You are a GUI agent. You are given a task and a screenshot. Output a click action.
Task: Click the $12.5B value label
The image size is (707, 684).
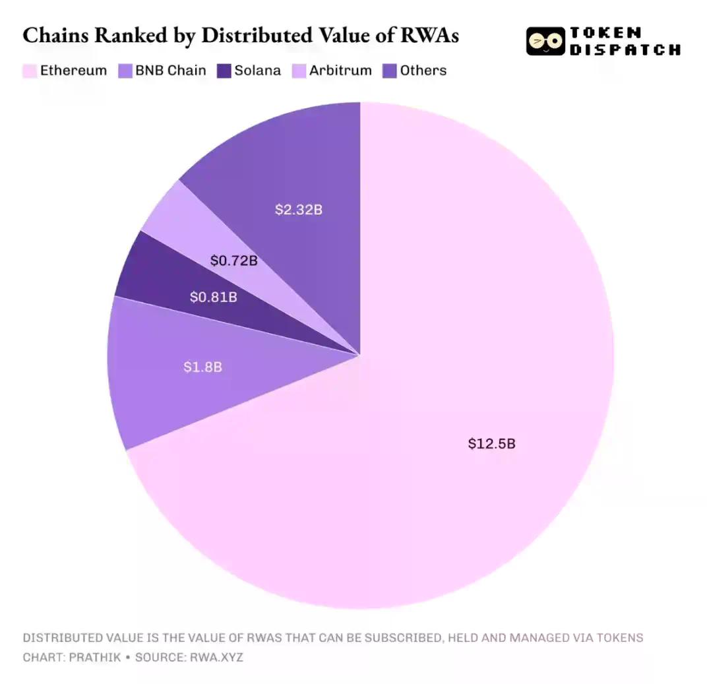491,443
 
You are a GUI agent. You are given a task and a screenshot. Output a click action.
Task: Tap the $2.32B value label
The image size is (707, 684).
298,210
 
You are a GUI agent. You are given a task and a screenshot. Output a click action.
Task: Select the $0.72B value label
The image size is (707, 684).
233,261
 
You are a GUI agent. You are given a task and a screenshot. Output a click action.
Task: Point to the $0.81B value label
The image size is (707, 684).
213,297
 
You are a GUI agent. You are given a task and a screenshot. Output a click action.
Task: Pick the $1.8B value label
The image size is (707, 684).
202,367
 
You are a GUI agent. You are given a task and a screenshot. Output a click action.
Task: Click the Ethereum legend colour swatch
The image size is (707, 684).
30,71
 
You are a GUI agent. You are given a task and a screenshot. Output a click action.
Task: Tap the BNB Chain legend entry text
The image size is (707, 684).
171,71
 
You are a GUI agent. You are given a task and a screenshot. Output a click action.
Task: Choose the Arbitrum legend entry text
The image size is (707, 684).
340,71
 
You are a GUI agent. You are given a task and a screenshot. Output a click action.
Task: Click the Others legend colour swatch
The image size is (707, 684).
389,71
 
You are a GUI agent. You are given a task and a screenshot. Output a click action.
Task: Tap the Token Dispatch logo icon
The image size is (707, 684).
545,41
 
